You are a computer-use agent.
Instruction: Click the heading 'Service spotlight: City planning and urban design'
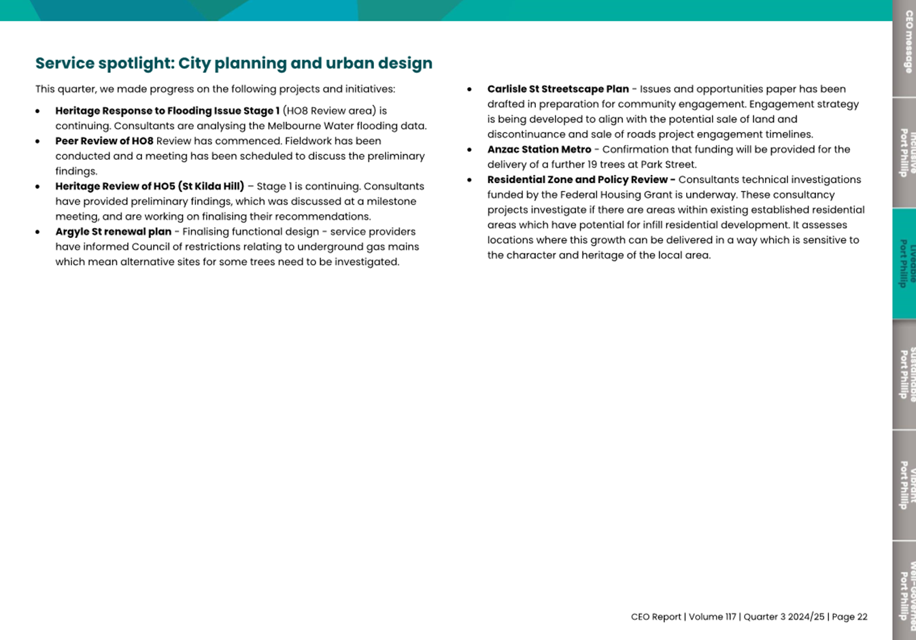point(234,63)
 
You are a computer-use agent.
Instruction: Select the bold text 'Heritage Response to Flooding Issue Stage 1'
point(167,111)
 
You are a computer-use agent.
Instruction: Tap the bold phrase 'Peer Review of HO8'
point(104,141)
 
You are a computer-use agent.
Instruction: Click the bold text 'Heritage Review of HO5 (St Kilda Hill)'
point(150,186)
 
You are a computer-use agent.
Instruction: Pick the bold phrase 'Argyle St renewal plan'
point(113,232)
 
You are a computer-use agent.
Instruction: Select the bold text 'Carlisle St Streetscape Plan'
point(558,89)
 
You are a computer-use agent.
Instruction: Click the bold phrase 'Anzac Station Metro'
point(539,150)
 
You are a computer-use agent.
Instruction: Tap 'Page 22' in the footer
point(849,617)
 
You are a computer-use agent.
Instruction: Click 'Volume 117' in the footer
point(712,617)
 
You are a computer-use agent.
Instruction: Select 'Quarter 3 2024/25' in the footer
point(783,617)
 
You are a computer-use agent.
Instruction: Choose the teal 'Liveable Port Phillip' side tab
point(904,264)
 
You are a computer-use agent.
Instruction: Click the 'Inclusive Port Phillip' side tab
point(904,153)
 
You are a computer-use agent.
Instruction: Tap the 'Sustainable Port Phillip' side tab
point(904,375)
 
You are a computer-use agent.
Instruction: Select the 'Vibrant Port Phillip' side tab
point(904,486)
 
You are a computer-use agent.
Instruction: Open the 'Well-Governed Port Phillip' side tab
point(904,590)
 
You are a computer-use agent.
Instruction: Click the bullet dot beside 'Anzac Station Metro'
point(469,150)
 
